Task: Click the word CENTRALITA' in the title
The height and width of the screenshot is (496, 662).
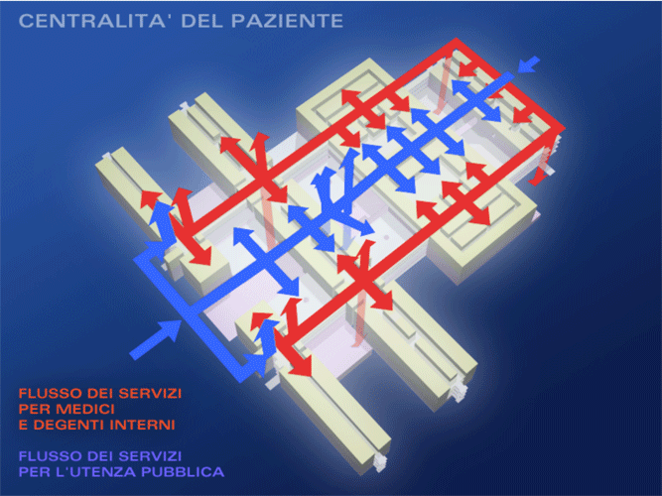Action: click(91, 21)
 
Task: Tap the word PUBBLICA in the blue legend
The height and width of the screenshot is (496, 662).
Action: click(183, 471)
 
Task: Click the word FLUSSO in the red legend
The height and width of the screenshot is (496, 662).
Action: click(51, 394)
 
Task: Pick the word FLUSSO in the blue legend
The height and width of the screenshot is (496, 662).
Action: click(51, 456)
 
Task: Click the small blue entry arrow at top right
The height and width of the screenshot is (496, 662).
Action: click(529, 64)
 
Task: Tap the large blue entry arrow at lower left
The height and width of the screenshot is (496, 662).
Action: click(156, 338)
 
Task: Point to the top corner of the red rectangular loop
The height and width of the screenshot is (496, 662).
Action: click(456, 42)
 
